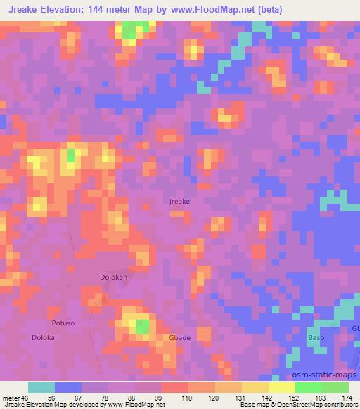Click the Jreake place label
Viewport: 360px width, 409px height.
coord(180,201)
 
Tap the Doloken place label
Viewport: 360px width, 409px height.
coord(112,277)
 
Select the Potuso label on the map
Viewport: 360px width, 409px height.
coord(63,323)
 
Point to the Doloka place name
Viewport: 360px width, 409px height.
coord(44,337)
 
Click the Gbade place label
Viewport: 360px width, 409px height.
coord(179,338)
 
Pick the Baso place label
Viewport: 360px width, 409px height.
coord(316,338)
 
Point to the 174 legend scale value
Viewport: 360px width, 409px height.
coord(343,397)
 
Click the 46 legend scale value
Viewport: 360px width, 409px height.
coord(25,397)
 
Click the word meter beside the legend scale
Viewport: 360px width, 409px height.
coord(10,397)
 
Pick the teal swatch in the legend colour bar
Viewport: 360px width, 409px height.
coord(41,387)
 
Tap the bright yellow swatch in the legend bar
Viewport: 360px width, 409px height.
coord(282,387)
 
